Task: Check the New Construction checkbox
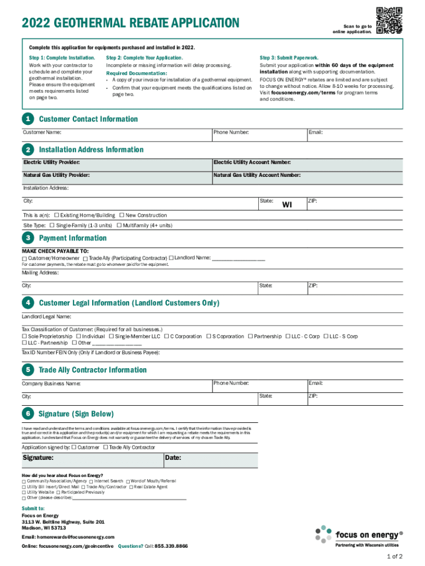coord(122,215)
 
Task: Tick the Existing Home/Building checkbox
coord(56,215)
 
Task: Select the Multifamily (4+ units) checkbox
coord(119,226)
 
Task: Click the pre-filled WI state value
coord(287,205)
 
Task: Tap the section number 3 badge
coord(27,238)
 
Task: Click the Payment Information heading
coord(73,238)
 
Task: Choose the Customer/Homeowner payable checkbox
coord(24,259)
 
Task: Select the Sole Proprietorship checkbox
coord(24,336)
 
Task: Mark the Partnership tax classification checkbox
coord(250,336)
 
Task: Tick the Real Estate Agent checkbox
coord(131,487)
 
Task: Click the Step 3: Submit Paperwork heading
coord(289,58)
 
